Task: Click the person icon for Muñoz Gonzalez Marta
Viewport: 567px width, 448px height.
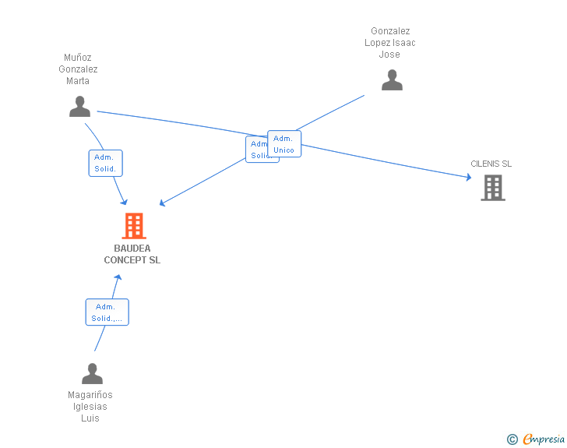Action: (x=79, y=107)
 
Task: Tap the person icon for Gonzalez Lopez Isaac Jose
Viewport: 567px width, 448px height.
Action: (x=392, y=80)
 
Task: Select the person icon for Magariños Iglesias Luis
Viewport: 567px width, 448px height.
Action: (x=92, y=374)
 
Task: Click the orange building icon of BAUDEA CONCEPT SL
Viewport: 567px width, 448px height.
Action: (x=134, y=226)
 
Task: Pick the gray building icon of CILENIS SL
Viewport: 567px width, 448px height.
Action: (x=492, y=187)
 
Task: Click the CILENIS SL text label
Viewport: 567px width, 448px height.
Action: (x=491, y=164)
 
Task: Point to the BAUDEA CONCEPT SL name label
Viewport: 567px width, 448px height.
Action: (x=132, y=255)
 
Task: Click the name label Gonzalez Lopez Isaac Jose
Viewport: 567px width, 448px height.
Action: (x=389, y=43)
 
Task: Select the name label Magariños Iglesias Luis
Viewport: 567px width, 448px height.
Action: (x=90, y=407)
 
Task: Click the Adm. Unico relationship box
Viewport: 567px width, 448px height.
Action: (x=284, y=144)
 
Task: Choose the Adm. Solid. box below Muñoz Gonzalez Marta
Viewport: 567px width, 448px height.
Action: (x=105, y=163)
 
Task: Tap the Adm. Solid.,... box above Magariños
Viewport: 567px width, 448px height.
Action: (x=107, y=312)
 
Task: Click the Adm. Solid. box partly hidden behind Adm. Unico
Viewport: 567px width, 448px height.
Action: (x=256, y=150)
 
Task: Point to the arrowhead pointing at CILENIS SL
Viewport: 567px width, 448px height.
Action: (x=468, y=178)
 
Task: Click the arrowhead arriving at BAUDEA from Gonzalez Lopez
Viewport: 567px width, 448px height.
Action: (x=162, y=204)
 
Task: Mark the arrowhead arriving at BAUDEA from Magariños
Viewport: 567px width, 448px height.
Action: (x=118, y=278)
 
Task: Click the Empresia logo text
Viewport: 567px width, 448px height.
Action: (x=544, y=439)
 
